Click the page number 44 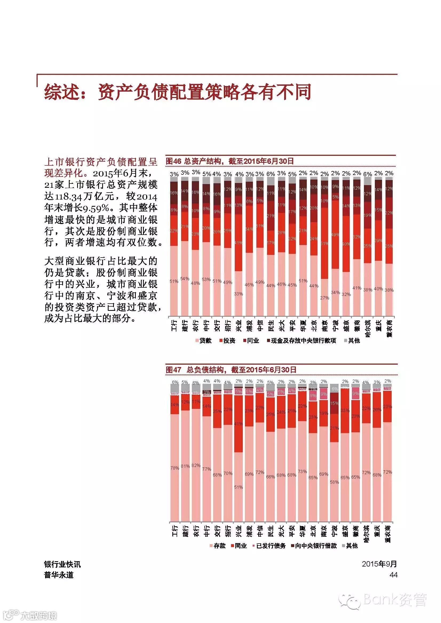click(x=393, y=575)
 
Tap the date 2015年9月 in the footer click(x=379, y=564)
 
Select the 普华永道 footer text click(x=59, y=575)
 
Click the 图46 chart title click(x=230, y=161)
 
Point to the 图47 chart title click(x=231, y=370)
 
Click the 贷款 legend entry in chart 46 click(x=203, y=341)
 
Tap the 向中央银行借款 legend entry click(x=314, y=546)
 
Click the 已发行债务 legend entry click(x=269, y=546)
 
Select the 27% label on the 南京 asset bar click(x=324, y=298)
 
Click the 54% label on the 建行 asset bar click(x=185, y=279)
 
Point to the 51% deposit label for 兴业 click(x=239, y=487)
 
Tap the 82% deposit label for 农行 click(x=196, y=465)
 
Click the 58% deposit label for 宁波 click(x=335, y=482)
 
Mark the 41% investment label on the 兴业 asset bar click(x=239, y=243)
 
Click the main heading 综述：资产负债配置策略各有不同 click(x=178, y=92)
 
